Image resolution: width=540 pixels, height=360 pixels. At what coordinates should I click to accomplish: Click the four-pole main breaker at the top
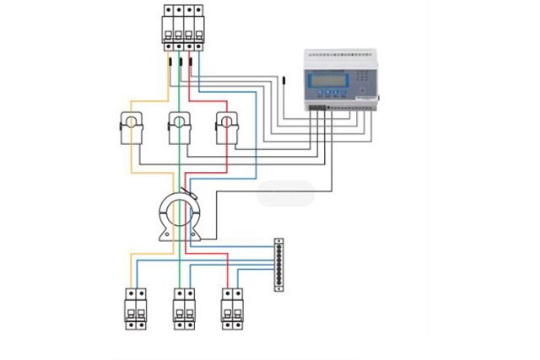pos(182,25)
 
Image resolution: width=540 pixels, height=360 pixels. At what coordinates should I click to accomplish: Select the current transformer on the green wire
pos(180,126)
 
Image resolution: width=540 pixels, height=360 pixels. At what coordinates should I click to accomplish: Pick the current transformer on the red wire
pos(227,126)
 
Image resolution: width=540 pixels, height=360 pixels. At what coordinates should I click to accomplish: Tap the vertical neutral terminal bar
pos(278,265)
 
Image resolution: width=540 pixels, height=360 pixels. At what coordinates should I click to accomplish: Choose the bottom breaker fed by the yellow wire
pos(136,309)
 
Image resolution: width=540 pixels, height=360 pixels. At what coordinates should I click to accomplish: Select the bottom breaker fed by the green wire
pos(185,309)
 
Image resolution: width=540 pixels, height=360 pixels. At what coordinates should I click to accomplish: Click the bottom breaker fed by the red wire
pos(233,309)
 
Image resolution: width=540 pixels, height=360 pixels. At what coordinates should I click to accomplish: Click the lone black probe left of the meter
pos(284,83)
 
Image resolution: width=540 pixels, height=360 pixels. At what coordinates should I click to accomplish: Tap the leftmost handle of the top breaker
pos(168,22)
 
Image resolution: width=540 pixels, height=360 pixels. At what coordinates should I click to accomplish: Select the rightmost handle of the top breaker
pos(198,22)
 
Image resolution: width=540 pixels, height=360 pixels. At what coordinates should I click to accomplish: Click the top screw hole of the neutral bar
pos(278,242)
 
